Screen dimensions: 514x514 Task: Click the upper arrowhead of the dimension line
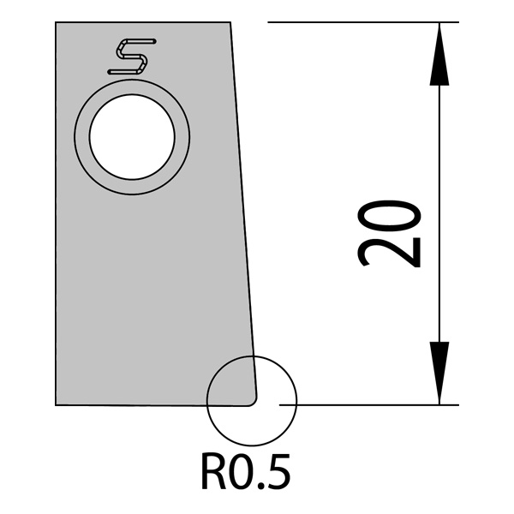(x=439, y=51)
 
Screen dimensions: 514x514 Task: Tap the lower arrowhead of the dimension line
(x=439, y=374)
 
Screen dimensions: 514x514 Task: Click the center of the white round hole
(x=132, y=137)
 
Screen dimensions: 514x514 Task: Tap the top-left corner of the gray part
(x=57, y=23)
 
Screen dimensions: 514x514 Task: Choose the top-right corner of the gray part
(x=231, y=23)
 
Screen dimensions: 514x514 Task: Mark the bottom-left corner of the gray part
(x=57, y=403)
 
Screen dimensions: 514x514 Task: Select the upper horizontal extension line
(x=360, y=22)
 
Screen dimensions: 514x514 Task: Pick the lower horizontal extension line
(x=368, y=404)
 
